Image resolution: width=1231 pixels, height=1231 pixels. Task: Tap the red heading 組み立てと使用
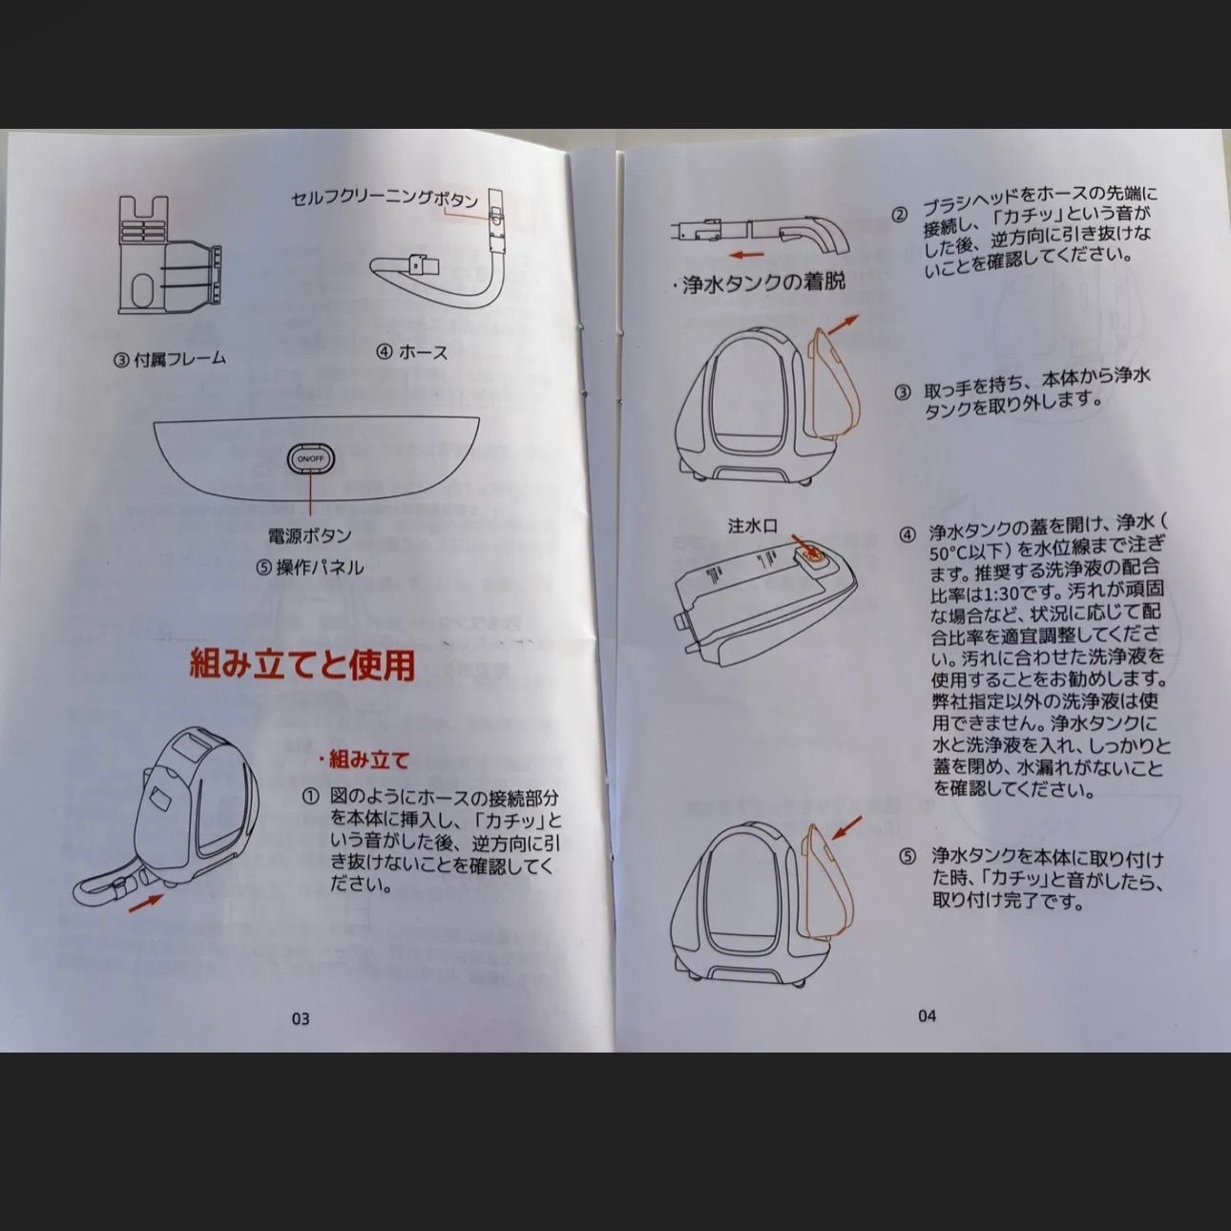[x=303, y=663]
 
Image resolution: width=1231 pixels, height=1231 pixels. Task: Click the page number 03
[x=300, y=1018]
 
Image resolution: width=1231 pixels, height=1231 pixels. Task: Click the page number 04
[x=927, y=1015]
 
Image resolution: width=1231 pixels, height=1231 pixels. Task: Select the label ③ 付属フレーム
[x=171, y=358]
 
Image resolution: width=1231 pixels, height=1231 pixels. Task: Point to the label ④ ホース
[x=411, y=351]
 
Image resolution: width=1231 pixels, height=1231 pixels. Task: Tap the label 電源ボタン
[x=309, y=535]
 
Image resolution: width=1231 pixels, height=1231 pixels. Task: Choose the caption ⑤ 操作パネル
[x=309, y=568]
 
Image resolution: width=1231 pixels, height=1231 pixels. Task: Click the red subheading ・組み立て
[x=364, y=760]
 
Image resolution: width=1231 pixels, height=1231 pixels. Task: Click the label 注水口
[x=753, y=526]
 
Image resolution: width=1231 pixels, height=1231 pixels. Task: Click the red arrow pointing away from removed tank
[x=841, y=325]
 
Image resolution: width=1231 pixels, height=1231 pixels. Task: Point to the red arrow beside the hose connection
[x=145, y=902]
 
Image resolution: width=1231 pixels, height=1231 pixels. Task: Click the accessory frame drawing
[x=168, y=255]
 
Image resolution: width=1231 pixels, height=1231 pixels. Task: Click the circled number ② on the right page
[x=900, y=216]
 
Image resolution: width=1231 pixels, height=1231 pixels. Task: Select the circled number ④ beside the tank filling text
[x=907, y=533]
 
